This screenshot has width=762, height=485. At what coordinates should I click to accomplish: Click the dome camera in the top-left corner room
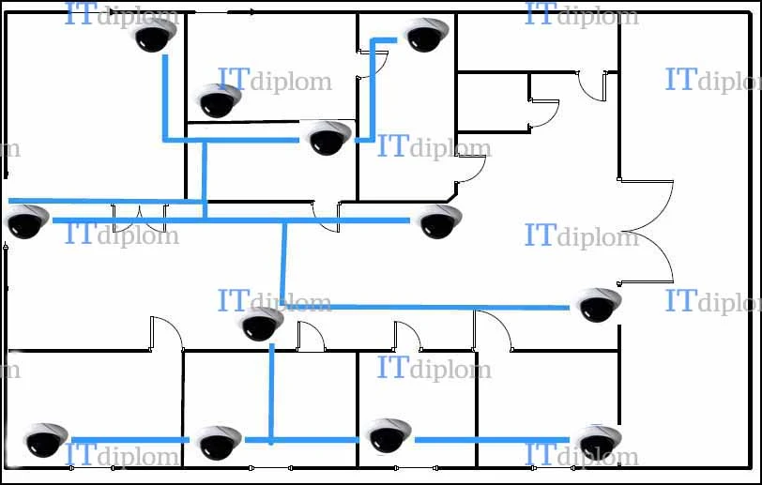click(155, 34)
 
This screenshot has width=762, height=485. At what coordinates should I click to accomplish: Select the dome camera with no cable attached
click(219, 100)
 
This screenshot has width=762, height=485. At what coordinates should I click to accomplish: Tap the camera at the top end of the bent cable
click(426, 34)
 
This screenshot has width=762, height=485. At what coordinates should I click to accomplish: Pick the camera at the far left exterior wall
click(27, 221)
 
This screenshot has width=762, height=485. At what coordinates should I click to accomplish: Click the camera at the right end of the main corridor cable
click(439, 221)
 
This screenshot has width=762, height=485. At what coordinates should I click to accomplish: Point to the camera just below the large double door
click(599, 305)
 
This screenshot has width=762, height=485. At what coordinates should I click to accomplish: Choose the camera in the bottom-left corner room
click(45, 440)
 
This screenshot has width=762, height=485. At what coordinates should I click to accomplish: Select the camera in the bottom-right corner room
click(599, 441)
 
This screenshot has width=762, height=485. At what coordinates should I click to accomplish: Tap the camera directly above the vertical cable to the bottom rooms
click(262, 324)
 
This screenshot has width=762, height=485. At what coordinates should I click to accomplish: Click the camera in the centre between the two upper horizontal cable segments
click(329, 138)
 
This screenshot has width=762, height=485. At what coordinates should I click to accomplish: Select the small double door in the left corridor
click(140, 219)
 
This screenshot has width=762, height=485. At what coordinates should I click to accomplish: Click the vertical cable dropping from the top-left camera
click(165, 98)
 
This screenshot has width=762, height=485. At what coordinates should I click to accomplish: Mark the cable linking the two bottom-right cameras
click(492, 440)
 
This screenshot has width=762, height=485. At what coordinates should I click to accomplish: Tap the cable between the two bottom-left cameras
click(130, 440)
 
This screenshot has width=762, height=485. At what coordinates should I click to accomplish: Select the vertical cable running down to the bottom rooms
click(271, 394)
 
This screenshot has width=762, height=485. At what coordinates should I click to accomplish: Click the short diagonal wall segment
click(452, 197)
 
